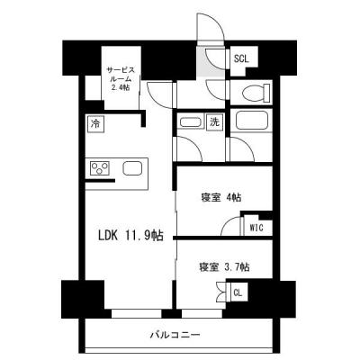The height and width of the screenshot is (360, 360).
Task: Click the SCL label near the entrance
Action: coord(241,59)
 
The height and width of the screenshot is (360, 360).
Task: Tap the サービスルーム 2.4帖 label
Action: coord(120,78)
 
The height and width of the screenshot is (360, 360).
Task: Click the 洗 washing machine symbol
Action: coord(215,121)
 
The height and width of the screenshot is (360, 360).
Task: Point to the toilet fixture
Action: coord(252,91)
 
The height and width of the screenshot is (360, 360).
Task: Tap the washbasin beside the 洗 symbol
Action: coord(190,121)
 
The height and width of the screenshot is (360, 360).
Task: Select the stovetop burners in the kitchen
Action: coord(99,168)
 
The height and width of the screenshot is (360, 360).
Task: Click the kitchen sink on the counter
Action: coord(133,168)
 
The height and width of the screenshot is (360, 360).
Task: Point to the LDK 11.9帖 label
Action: coord(130,236)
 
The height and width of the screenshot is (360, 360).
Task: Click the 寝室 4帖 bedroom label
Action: coord(220,198)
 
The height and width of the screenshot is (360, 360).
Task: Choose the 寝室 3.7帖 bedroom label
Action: coord(223,266)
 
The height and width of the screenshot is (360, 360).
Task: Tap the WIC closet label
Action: coord(256,229)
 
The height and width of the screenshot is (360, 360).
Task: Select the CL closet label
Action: coord(238,292)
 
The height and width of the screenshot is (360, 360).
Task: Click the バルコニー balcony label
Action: coord(175,336)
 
